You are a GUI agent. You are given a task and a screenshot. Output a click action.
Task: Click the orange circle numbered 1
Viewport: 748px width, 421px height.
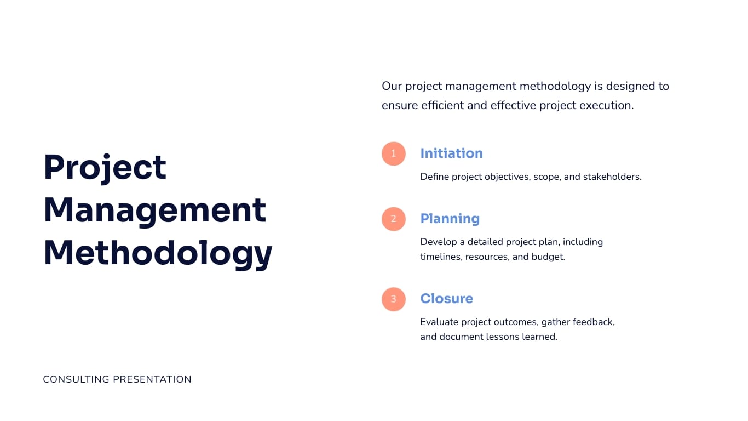[x=393, y=153]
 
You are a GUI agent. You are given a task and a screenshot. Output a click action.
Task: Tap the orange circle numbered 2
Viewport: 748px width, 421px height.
[x=393, y=219]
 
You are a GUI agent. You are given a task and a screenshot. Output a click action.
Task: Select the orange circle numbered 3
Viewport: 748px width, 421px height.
[x=393, y=299]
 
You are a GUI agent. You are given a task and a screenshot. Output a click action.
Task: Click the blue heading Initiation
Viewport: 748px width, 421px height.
[x=451, y=153]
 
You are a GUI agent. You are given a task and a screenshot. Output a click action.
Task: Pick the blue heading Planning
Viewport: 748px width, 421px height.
[x=450, y=219]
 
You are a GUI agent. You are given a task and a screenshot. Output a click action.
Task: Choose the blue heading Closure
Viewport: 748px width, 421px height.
[x=446, y=299]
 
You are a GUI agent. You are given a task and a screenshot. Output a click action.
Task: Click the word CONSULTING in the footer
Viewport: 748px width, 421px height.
[x=74, y=379]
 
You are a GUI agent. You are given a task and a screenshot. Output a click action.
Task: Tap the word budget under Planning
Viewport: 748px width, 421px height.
[x=548, y=257]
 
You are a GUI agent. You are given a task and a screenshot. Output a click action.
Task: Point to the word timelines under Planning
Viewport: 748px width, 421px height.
[x=441, y=257]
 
